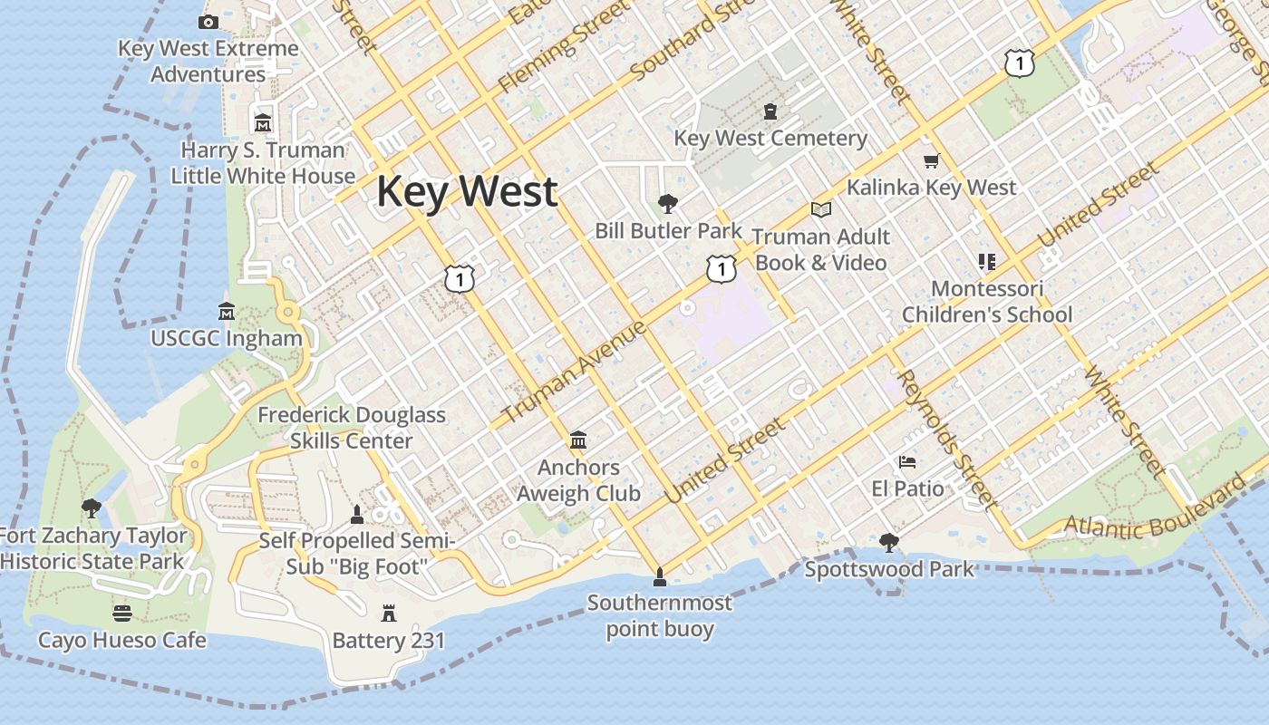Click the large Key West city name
[467, 192]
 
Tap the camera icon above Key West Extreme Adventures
[208, 22]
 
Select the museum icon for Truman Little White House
[263, 122]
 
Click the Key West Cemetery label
[770, 139]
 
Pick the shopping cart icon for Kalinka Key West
[931, 161]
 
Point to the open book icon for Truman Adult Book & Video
[821, 210]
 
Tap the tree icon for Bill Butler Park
[668, 203]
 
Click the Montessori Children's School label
[987, 302]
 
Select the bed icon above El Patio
[907, 462]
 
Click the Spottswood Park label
[889, 569]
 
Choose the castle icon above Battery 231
[389, 614]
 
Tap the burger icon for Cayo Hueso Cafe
[122, 614]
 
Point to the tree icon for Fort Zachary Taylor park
[91, 507]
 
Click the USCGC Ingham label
[227, 339]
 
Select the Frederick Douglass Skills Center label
[352, 428]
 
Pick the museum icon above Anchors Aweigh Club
[578, 440]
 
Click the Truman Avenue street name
[574, 372]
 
